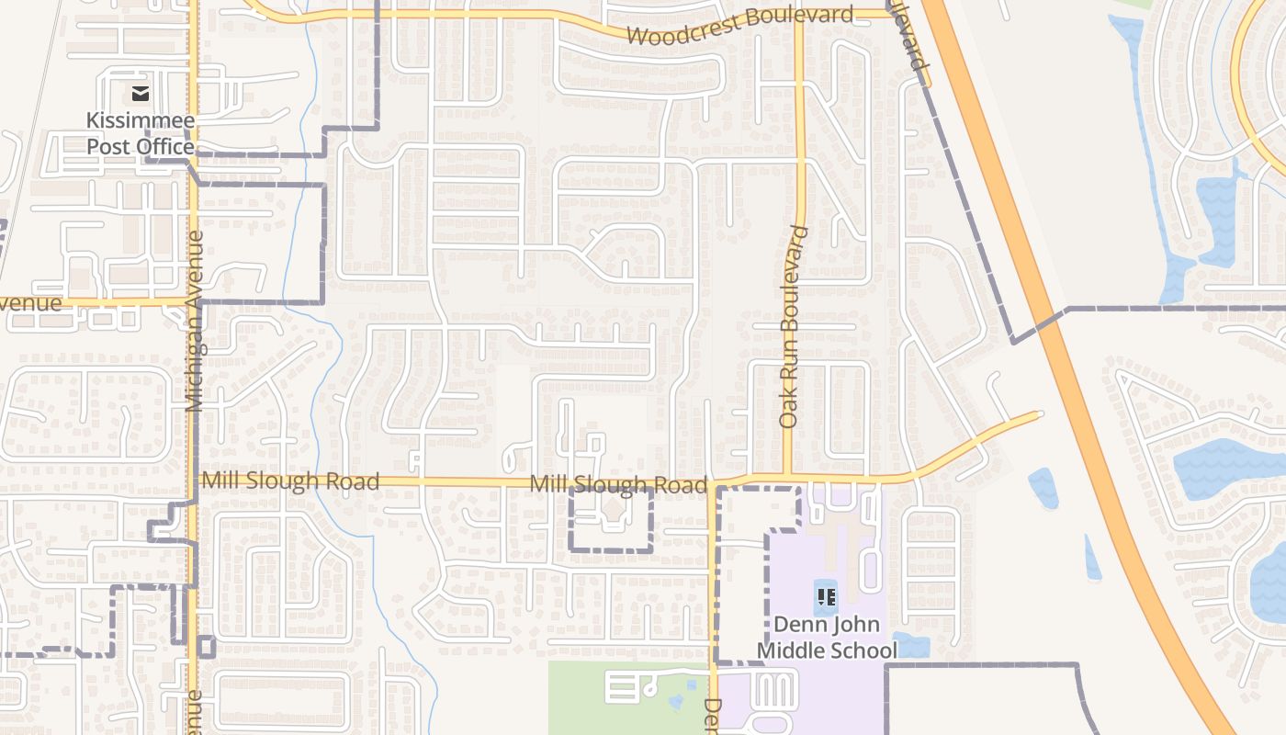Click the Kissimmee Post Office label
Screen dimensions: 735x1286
(x=140, y=133)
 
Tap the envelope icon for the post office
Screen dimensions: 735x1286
(x=140, y=93)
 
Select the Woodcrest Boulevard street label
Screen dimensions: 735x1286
(x=740, y=26)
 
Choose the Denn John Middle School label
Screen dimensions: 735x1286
(x=826, y=638)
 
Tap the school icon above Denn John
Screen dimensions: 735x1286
(x=826, y=597)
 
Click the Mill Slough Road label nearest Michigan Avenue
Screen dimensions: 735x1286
(x=290, y=481)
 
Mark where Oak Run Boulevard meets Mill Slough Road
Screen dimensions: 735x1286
(x=788, y=479)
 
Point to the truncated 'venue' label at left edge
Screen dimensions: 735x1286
(x=30, y=303)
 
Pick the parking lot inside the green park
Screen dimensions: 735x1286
(x=624, y=686)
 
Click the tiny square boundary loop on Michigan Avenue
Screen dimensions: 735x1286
(x=206, y=647)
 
